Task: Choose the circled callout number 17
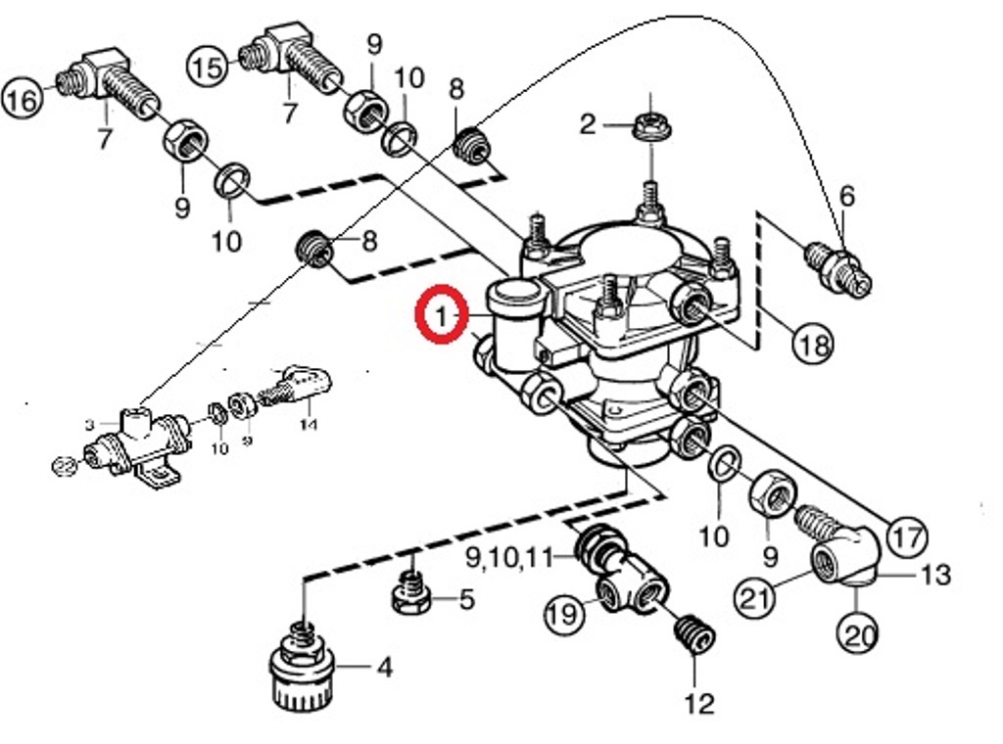pos(906,535)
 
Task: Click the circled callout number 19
pos(565,614)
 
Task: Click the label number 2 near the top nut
pos(587,124)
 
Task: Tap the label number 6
pos(846,196)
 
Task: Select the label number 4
pos(385,668)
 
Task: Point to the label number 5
pos(466,598)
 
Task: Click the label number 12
pos(699,703)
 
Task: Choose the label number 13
pos(936,575)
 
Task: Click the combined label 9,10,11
pos(509,558)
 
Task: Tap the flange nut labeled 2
pos(648,125)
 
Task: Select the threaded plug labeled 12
pos(693,633)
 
